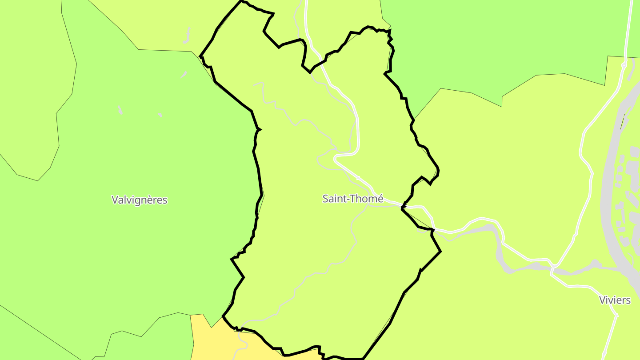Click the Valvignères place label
pyautogui.click(x=140, y=200)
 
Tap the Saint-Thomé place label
pyautogui.click(x=352, y=199)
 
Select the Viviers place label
pyautogui.click(x=615, y=300)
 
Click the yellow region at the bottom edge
pyautogui.click(x=213, y=342)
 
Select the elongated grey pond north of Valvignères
pyautogui.click(x=187, y=36)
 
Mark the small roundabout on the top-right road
pyautogui.click(x=624, y=65)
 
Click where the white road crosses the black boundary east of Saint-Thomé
pyautogui.click(x=403, y=207)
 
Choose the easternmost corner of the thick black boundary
pyautogui.click(x=440, y=252)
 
